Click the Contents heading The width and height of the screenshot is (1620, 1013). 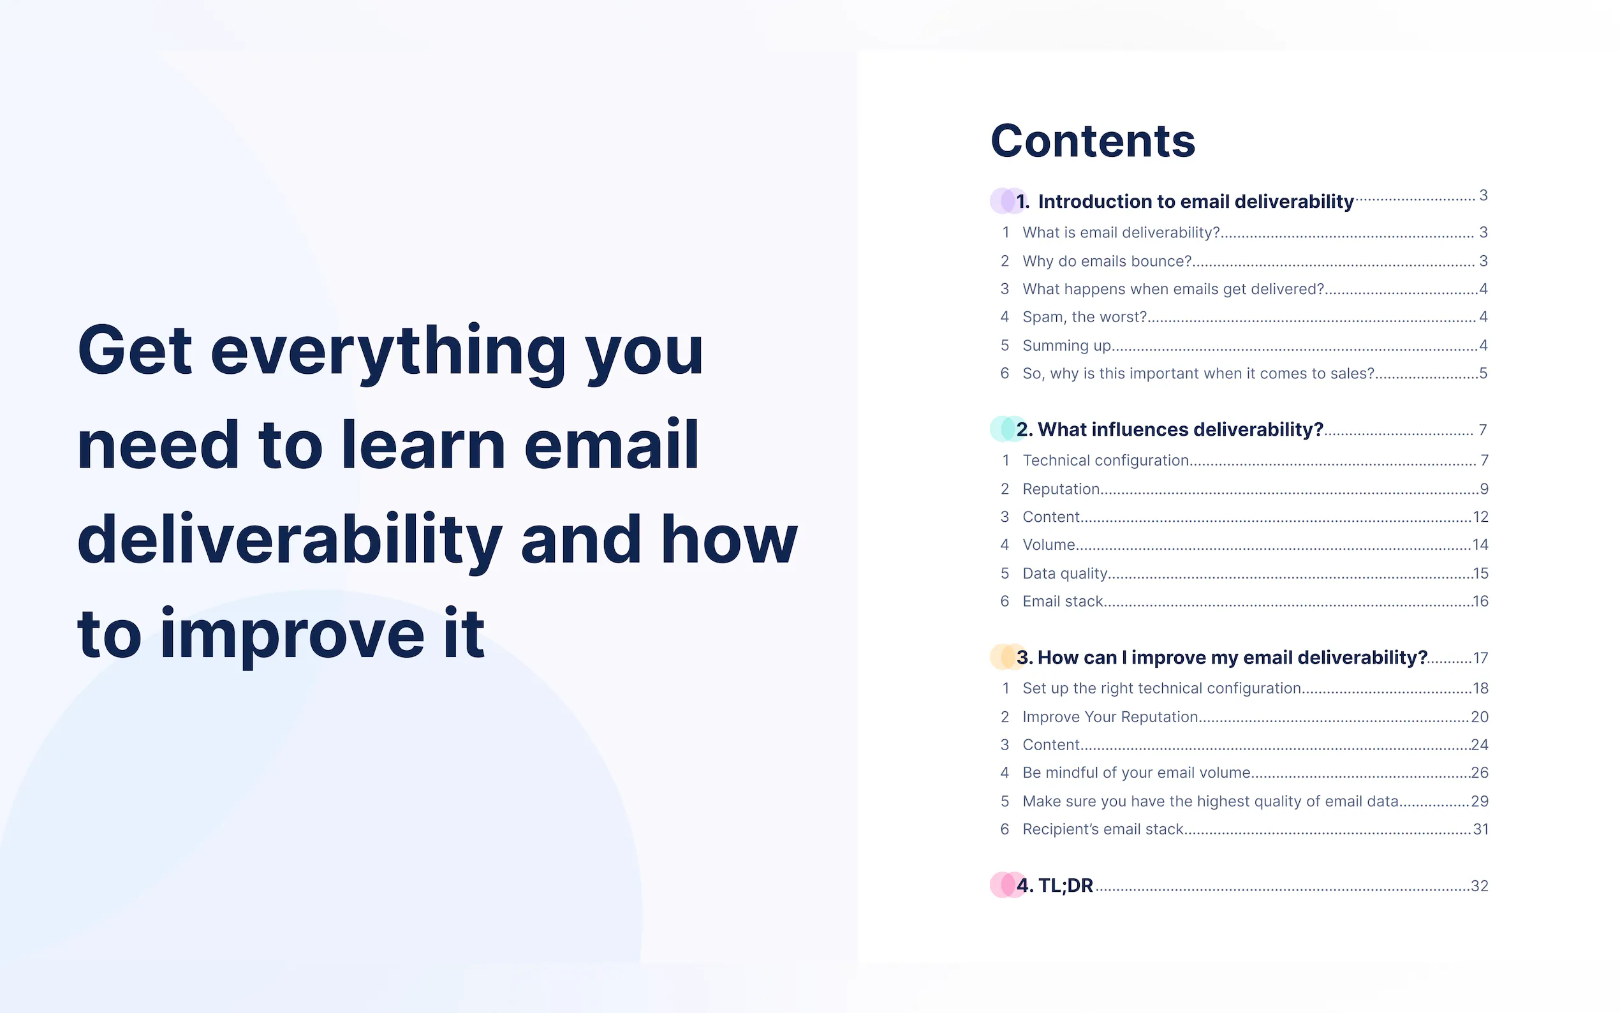click(x=1093, y=142)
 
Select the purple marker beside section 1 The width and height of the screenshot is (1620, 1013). click(x=1007, y=201)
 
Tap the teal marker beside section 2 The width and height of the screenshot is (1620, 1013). click(x=1007, y=429)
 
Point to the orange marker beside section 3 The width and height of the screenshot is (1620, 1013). click(x=1007, y=656)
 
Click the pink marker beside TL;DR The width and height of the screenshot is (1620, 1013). click(x=1007, y=885)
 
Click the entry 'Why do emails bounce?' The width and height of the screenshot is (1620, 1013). click(x=1107, y=262)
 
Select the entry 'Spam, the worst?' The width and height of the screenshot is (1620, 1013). click(x=1085, y=317)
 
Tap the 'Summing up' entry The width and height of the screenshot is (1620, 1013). click(x=1067, y=346)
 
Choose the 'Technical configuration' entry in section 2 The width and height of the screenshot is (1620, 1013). click(x=1106, y=461)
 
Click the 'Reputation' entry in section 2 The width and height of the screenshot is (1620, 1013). click(x=1061, y=489)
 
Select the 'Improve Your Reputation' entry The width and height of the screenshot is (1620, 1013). click(x=1110, y=717)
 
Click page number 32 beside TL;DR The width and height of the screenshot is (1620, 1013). click(x=1479, y=885)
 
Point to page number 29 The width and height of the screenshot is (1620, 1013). click(x=1479, y=801)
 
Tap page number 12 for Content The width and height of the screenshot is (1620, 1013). click(x=1480, y=517)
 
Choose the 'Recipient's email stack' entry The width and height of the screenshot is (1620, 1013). click(x=1103, y=829)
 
